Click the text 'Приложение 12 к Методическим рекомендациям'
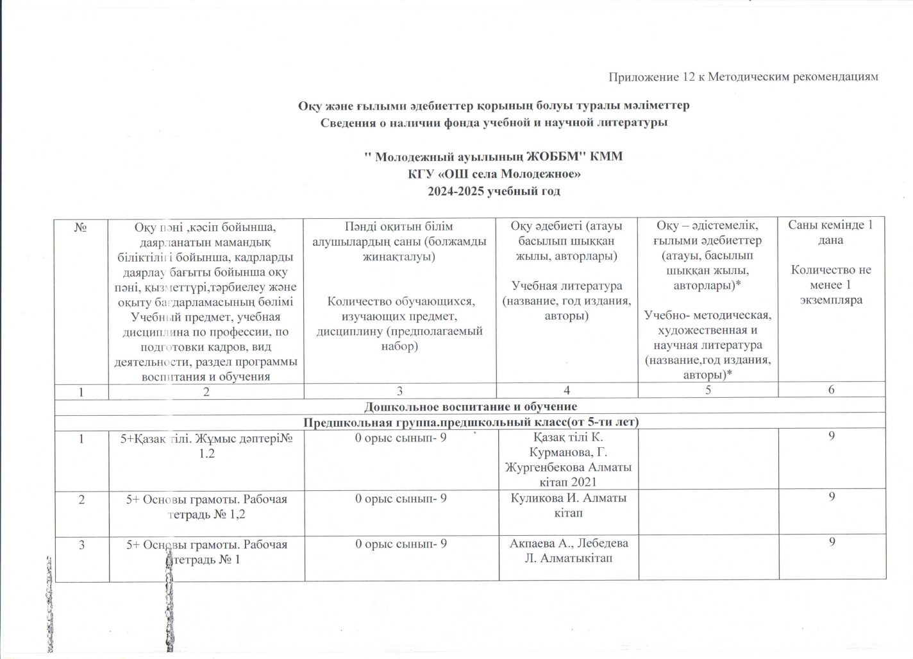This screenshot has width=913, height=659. [742, 78]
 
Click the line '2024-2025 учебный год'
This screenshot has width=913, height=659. [494, 191]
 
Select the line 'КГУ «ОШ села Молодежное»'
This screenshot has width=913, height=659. [494, 174]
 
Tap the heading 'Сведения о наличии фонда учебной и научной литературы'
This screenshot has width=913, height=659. [494, 122]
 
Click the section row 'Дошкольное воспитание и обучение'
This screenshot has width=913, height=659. [471, 406]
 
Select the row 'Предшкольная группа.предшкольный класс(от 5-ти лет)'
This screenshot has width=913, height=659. [471, 422]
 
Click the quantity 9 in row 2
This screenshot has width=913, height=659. [831, 497]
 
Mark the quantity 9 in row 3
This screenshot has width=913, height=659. [831, 543]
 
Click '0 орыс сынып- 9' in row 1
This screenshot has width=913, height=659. [401, 438]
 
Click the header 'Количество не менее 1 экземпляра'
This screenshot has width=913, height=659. [831, 284]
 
